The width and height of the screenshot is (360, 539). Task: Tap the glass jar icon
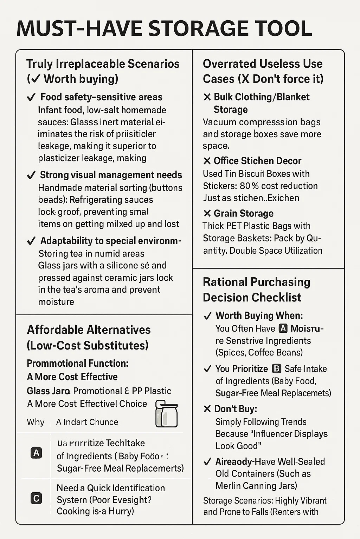click(x=167, y=414)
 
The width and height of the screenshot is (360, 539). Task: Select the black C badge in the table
click(x=36, y=498)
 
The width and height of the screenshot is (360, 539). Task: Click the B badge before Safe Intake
click(x=277, y=369)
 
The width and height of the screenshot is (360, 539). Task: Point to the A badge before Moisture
click(x=283, y=328)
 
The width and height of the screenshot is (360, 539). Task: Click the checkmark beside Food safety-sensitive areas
click(x=31, y=97)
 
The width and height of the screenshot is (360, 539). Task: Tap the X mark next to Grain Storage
click(x=207, y=213)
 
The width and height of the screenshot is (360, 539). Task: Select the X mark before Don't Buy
click(x=207, y=409)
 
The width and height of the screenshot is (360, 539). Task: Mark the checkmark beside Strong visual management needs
click(x=31, y=175)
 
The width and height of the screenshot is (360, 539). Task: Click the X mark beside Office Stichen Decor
click(x=207, y=161)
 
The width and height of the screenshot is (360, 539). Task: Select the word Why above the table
click(x=36, y=422)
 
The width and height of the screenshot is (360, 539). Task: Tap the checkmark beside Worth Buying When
click(x=207, y=316)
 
